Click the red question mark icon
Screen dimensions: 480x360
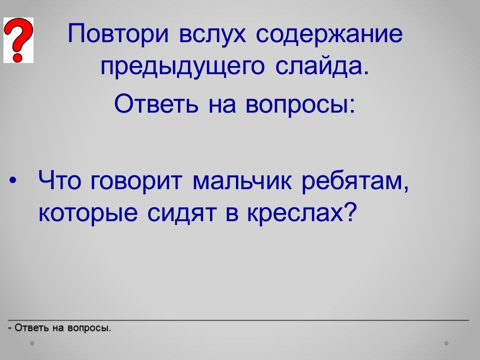pyautogui.click(x=18, y=40)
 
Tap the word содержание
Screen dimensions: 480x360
pyautogui.click(x=329, y=33)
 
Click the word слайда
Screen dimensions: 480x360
pyautogui.click(x=322, y=66)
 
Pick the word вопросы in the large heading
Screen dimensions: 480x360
pyautogui.click(x=300, y=104)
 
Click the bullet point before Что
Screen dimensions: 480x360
pyautogui.click(x=12, y=180)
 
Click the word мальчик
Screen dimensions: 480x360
pyautogui.click(x=242, y=181)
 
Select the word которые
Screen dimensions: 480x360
pyautogui.click(x=88, y=213)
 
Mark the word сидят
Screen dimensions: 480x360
pyautogui.click(x=181, y=213)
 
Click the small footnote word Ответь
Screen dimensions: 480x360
pyautogui.click(x=31, y=328)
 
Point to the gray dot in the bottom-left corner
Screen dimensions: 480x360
pyautogui.click(x=32, y=343)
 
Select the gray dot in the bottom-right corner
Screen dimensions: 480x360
pyautogui.click(x=446, y=343)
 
